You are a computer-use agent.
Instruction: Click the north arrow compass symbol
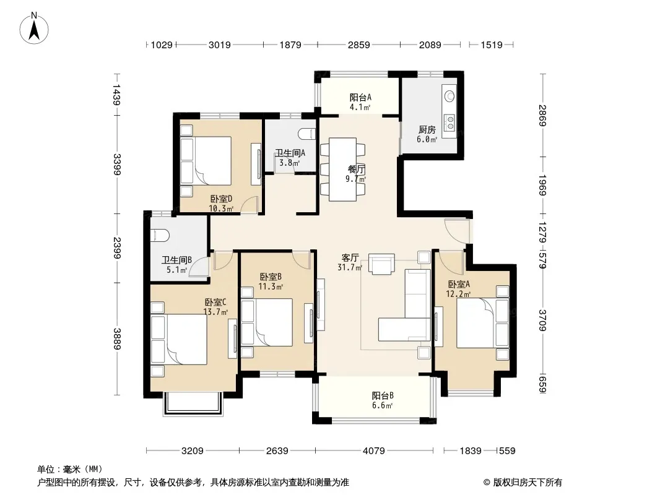coord(34,28)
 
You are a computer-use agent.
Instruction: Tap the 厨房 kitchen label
coord(427,129)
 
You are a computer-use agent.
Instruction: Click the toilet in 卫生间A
coord(307,134)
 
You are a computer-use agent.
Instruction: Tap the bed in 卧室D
coord(206,161)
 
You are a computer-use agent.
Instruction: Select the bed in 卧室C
coord(179,339)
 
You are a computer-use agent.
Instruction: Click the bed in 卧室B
coord(267,322)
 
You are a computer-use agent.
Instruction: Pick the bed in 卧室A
coord(482,322)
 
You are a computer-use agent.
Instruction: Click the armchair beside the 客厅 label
coord(381,264)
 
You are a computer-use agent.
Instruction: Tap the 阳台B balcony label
coord(383,396)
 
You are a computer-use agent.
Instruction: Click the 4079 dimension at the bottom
coord(374,451)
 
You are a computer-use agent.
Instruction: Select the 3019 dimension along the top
coord(220,45)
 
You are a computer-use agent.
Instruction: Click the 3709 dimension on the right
coord(542,321)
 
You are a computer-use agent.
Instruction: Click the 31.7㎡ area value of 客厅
coord(350,267)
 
